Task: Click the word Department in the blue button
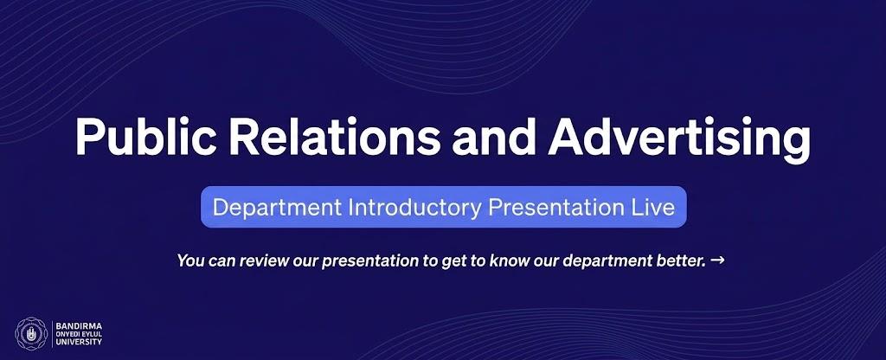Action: pyautogui.click(x=277, y=208)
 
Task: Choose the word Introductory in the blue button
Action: pyautogui.click(x=414, y=208)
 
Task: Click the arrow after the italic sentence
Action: pyautogui.click(x=717, y=260)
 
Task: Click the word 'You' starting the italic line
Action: pyautogui.click(x=189, y=260)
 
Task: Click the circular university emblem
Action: pyautogui.click(x=32, y=334)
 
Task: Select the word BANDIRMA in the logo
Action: pyautogui.click(x=79, y=325)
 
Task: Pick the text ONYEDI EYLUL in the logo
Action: pyautogui.click(x=79, y=334)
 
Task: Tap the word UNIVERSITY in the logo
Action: pyautogui.click(x=79, y=342)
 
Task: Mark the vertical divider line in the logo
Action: pyautogui.click(x=53, y=334)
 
